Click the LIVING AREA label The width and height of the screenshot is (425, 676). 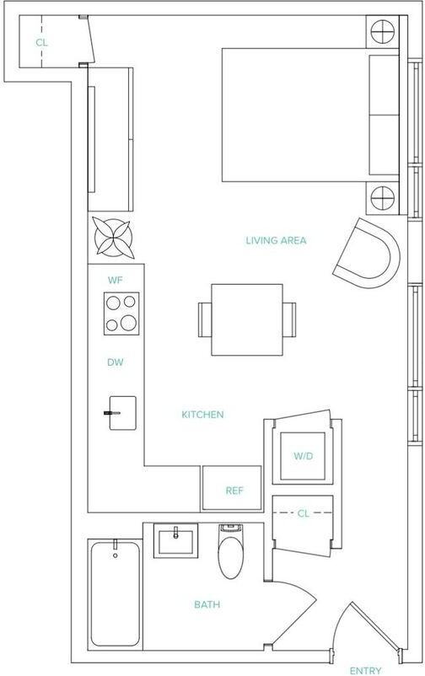click(276, 241)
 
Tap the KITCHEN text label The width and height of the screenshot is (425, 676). click(202, 415)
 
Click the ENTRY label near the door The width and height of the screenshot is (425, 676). click(365, 670)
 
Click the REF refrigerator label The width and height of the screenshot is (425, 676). click(234, 491)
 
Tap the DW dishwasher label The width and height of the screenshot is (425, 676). click(116, 362)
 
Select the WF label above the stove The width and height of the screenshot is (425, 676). click(116, 279)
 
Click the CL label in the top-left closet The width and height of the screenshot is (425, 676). click(40, 41)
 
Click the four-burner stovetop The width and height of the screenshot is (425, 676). click(121, 314)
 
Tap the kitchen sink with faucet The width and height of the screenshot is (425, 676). click(121, 413)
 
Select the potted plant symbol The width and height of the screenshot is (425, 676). click(112, 237)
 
